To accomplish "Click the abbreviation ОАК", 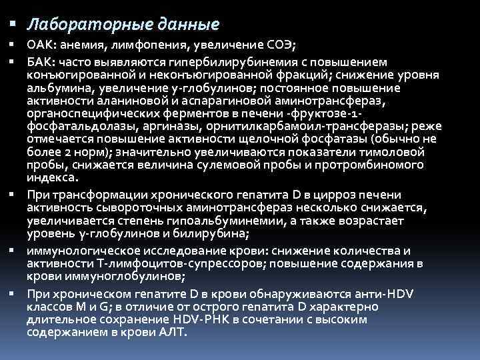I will pos(39,45).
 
